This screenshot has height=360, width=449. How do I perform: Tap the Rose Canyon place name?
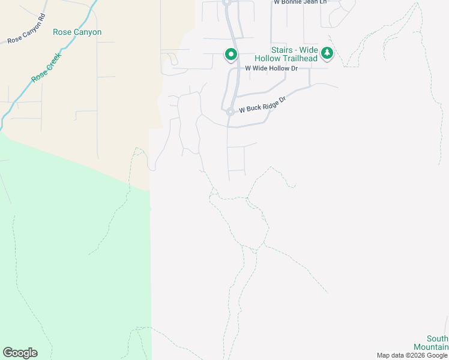pos(77,32)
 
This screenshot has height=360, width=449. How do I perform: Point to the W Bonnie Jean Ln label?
pos(300,2)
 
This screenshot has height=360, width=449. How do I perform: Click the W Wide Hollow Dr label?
pos(271,68)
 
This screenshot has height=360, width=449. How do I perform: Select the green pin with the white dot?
pos(231,55)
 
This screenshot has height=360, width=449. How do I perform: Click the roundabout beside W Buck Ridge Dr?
pos(230,111)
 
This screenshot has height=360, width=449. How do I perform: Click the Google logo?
pos(20,353)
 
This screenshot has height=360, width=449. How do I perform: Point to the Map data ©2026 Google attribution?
pos(412,355)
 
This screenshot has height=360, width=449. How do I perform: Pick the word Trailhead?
pos(300,58)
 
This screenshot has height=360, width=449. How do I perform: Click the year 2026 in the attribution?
pos(415,355)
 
